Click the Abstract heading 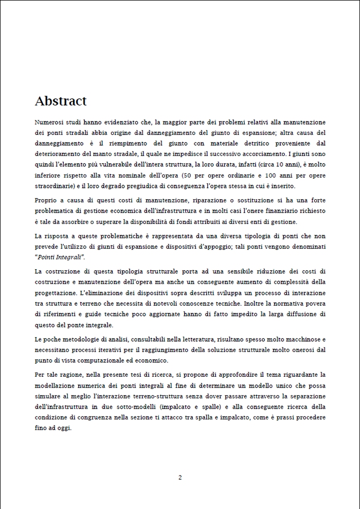click(x=61, y=101)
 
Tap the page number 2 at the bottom click(x=180, y=477)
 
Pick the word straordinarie click(x=52, y=185)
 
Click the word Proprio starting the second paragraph click(x=46, y=200)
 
